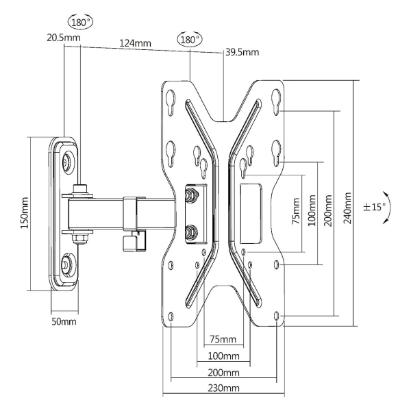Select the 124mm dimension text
pyautogui.click(x=134, y=43)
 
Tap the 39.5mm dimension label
pyautogui.click(x=242, y=53)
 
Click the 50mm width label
pyautogui.click(x=64, y=321)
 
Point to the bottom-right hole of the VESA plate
pyautogui.click(x=276, y=316)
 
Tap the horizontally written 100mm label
pyautogui.click(x=224, y=356)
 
